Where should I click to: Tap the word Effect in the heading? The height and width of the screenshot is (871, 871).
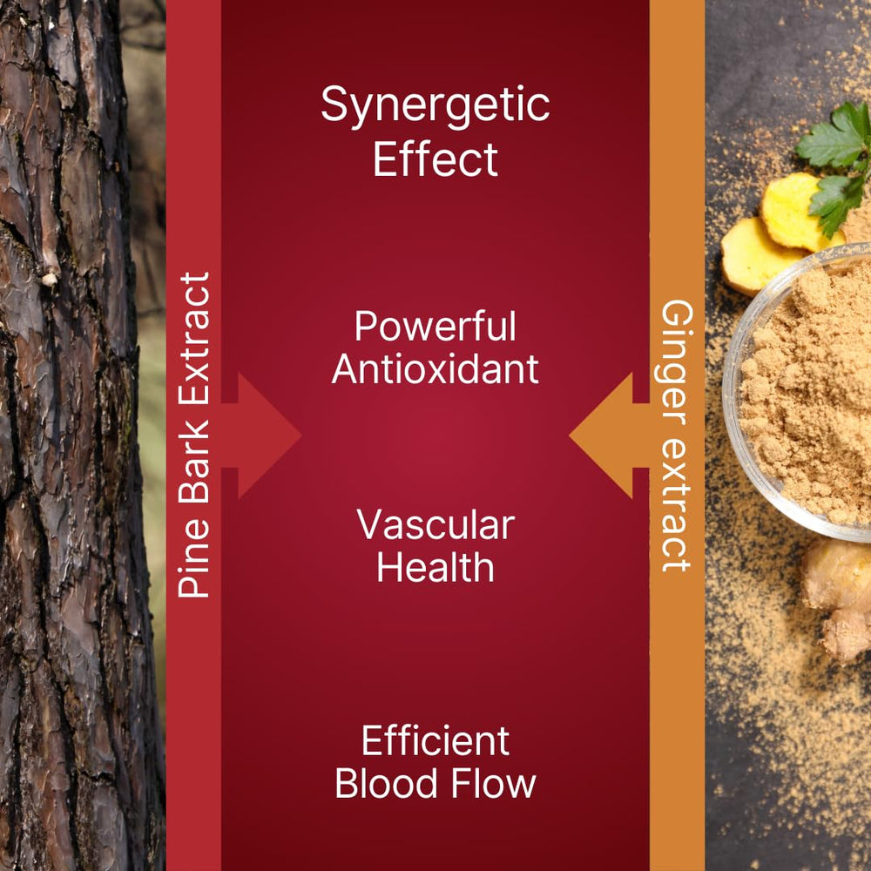(x=435, y=159)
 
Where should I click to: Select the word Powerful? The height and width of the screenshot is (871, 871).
(x=435, y=327)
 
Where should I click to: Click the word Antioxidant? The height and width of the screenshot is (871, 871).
(x=435, y=369)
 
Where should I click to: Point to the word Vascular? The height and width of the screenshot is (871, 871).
(x=435, y=525)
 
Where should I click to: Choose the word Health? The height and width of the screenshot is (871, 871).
(x=435, y=567)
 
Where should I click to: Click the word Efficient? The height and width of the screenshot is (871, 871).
(x=435, y=741)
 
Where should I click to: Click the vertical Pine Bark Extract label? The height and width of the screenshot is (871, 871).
(x=194, y=435)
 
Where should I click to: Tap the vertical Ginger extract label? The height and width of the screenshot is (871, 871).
(x=676, y=435)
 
